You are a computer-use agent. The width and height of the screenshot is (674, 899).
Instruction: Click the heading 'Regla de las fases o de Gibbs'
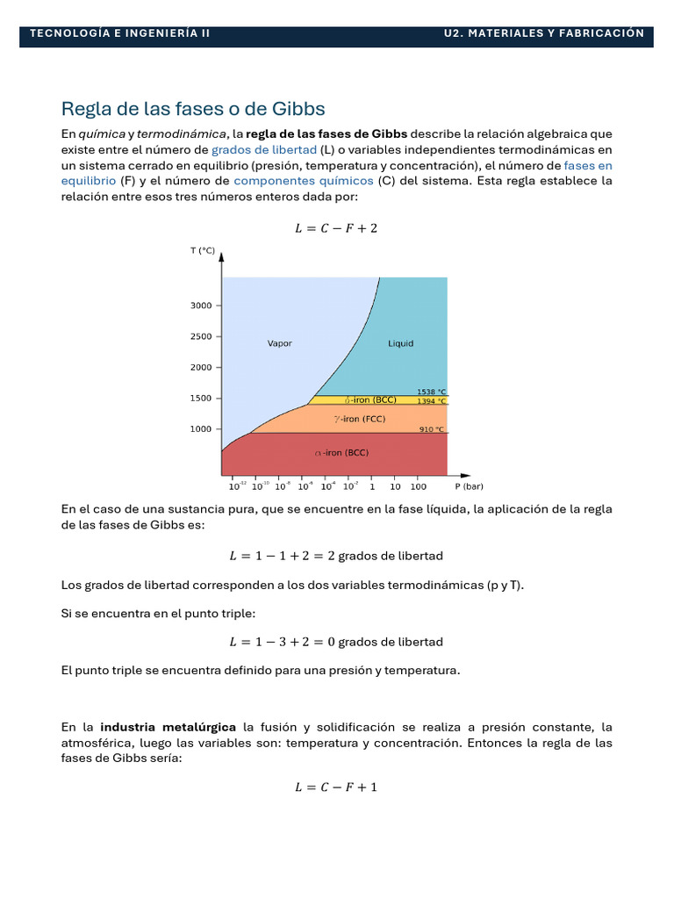pos(193,109)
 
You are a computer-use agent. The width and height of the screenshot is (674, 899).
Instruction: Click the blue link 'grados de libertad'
pos(263,149)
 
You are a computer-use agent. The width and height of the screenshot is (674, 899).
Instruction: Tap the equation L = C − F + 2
pos(336,228)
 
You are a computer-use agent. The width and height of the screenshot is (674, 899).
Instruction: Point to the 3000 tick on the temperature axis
pos(201,306)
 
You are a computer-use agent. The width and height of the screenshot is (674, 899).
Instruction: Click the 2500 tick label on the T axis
pos(201,336)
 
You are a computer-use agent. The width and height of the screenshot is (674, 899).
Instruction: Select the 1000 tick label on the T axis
pos(201,428)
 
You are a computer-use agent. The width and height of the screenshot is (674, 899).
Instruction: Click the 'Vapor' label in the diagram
pos(280,343)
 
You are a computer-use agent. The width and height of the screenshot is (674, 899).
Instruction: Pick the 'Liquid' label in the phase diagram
pos(400,343)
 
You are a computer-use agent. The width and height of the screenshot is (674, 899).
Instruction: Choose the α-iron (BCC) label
pos(341,453)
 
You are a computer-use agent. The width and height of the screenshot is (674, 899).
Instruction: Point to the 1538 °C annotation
pos(431,392)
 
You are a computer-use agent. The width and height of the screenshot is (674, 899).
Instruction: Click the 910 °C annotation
pos(431,429)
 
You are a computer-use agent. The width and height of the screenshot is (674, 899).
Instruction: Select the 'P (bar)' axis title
pos(469,485)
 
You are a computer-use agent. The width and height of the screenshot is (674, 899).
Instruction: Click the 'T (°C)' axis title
pos(203,250)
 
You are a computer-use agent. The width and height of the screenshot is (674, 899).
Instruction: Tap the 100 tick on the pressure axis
pos(418,485)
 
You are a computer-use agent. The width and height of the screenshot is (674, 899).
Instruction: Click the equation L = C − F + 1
pos(336,787)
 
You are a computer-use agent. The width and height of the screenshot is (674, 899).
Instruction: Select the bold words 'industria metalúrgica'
pos(168,727)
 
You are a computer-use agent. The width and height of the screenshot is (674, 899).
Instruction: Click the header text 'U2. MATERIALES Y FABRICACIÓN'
pos(543,33)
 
